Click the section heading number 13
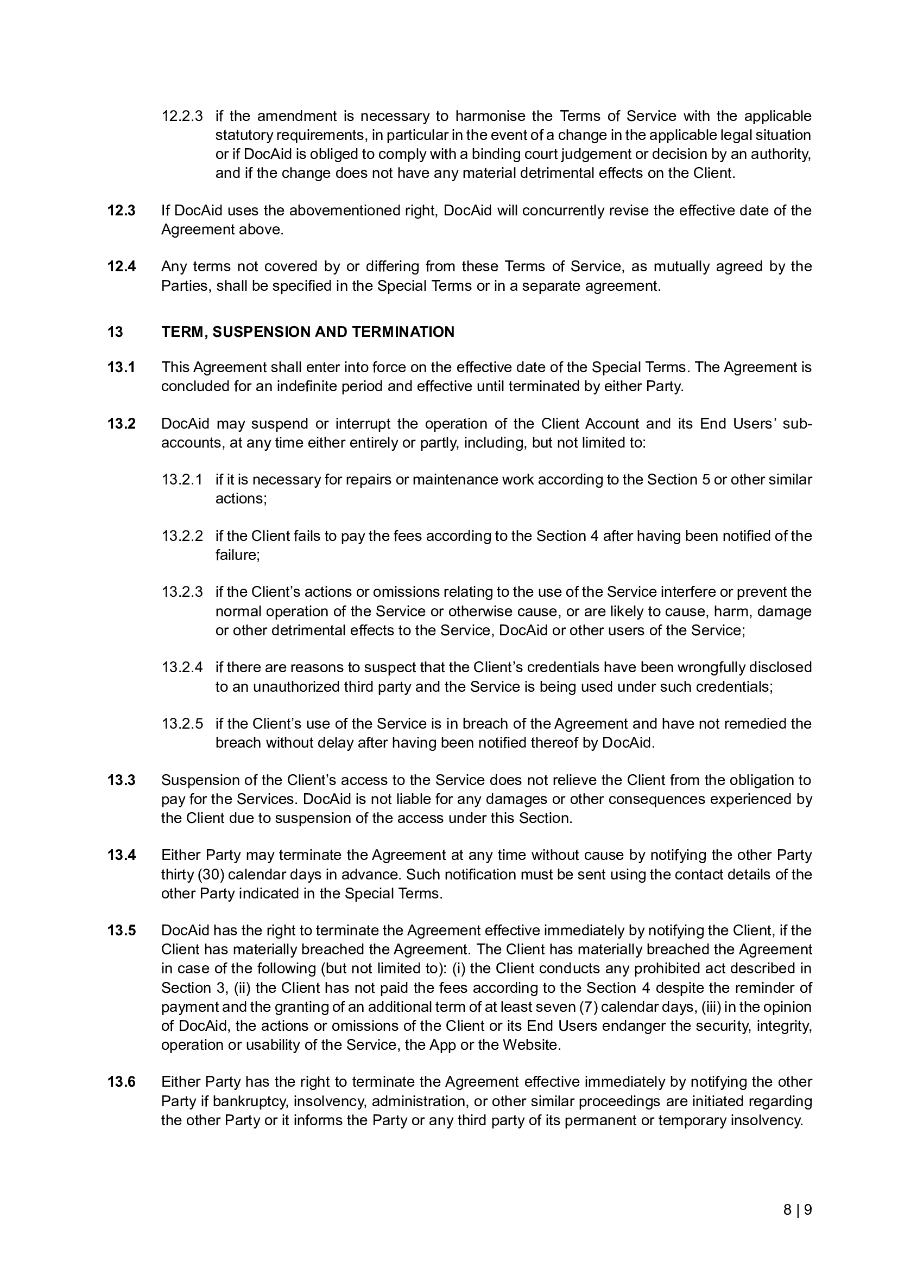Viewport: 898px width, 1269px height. point(115,331)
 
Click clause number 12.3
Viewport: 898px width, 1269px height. point(121,211)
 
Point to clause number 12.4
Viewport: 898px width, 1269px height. point(121,266)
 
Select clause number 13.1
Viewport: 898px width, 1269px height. point(121,367)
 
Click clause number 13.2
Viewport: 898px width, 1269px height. point(121,423)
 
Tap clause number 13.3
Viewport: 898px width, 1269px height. point(121,780)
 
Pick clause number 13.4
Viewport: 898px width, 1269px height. point(121,855)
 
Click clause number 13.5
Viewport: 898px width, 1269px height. point(121,930)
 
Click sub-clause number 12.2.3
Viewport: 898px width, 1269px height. point(182,116)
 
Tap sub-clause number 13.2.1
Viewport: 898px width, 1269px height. point(182,479)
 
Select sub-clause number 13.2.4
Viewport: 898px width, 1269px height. point(182,667)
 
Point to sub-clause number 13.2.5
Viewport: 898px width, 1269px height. point(182,724)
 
